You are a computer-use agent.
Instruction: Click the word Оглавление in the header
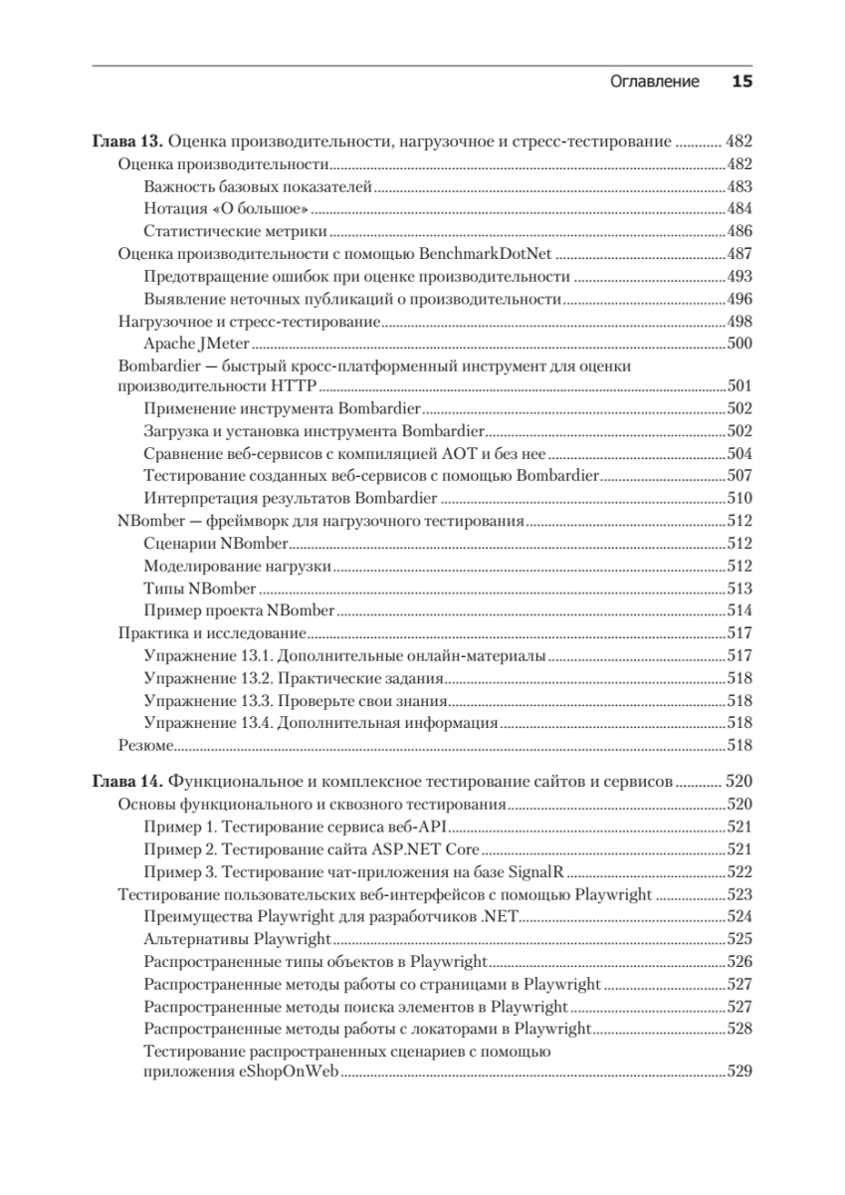click(654, 82)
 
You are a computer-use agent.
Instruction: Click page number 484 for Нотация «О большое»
click(739, 208)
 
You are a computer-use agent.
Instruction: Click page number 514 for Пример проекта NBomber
click(739, 610)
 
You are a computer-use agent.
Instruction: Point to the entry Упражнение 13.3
click(208, 700)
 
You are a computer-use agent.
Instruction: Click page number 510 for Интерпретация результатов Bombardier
click(739, 498)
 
